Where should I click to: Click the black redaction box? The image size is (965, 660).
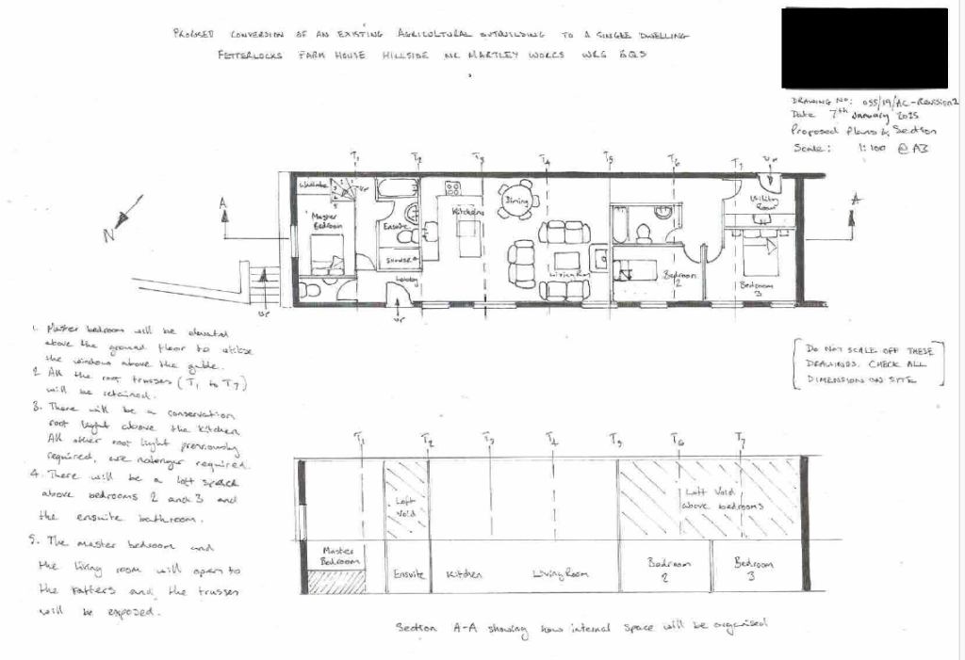pos(864,48)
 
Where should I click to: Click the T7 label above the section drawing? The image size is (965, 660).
pos(740,440)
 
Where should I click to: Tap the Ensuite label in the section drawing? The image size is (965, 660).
pos(408,573)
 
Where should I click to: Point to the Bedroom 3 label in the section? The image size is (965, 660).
pos(754,569)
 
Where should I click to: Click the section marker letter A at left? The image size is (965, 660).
pos(223,201)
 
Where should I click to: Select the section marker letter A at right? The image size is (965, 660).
pos(856,199)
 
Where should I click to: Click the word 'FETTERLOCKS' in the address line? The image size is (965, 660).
pos(246,56)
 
